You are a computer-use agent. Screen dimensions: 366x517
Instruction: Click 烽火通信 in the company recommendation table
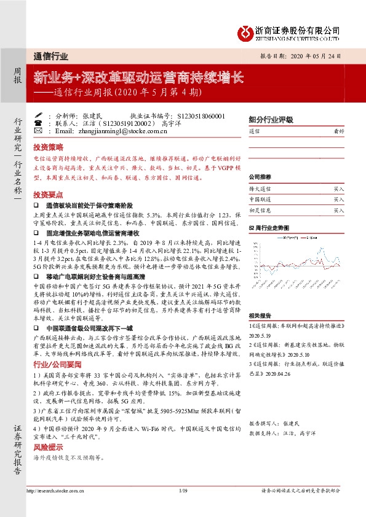pos(260,189)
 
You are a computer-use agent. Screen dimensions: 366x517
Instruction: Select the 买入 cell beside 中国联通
pos(338,200)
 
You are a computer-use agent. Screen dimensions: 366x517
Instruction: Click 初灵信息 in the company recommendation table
pos(260,209)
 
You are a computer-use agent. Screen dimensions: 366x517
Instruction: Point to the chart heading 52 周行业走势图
pos(268,227)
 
